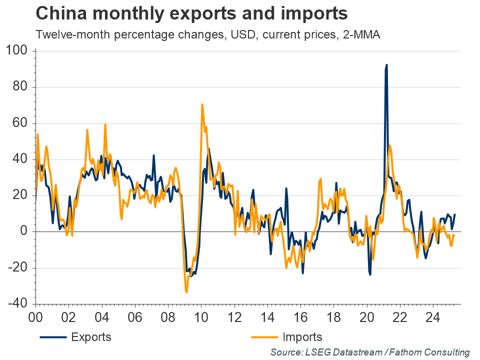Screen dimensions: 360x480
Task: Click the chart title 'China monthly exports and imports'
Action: tap(191, 13)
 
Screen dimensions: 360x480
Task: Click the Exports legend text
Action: tap(91, 336)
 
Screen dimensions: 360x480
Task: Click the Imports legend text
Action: tap(302, 336)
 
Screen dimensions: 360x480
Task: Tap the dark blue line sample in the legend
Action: tap(53, 337)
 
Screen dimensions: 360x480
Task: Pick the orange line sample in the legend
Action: tap(263, 337)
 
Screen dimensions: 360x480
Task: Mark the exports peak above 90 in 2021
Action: tap(386, 65)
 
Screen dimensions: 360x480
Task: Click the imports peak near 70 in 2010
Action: tap(202, 104)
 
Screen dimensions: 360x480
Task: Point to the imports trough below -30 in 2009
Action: tap(186, 291)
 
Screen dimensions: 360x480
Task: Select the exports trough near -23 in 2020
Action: tap(370, 274)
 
